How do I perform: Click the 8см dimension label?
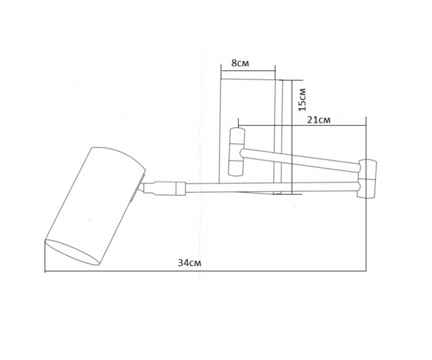(x=240, y=63)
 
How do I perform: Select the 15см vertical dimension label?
(x=302, y=99)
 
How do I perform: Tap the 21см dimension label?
(x=319, y=120)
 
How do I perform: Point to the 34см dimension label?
(x=189, y=262)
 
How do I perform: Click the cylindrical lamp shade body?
(x=95, y=206)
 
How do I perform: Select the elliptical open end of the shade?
(x=72, y=253)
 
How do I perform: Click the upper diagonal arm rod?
(x=301, y=159)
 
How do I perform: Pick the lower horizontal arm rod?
(x=273, y=187)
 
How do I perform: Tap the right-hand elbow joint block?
(x=367, y=178)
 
